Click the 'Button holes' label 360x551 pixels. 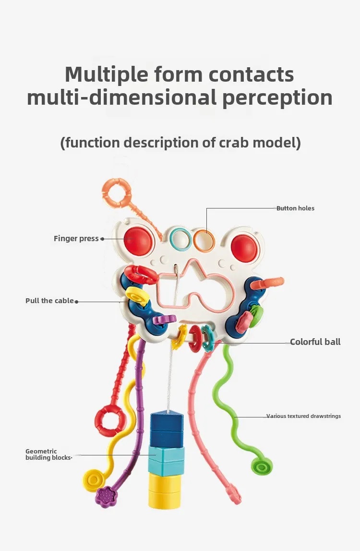(295, 208)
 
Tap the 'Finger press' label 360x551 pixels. (76, 238)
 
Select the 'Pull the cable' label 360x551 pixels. (49, 301)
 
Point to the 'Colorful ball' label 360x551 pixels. (315, 342)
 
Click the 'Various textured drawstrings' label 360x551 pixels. (303, 416)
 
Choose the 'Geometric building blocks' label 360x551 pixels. (48, 454)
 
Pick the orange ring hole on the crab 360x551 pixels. (204, 239)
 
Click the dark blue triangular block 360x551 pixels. (167, 423)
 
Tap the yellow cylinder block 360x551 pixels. (165, 491)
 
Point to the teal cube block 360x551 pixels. (166, 460)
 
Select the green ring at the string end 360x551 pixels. (261, 465)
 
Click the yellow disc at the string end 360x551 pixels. (94, 480)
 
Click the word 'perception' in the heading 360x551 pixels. (277, 98)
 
